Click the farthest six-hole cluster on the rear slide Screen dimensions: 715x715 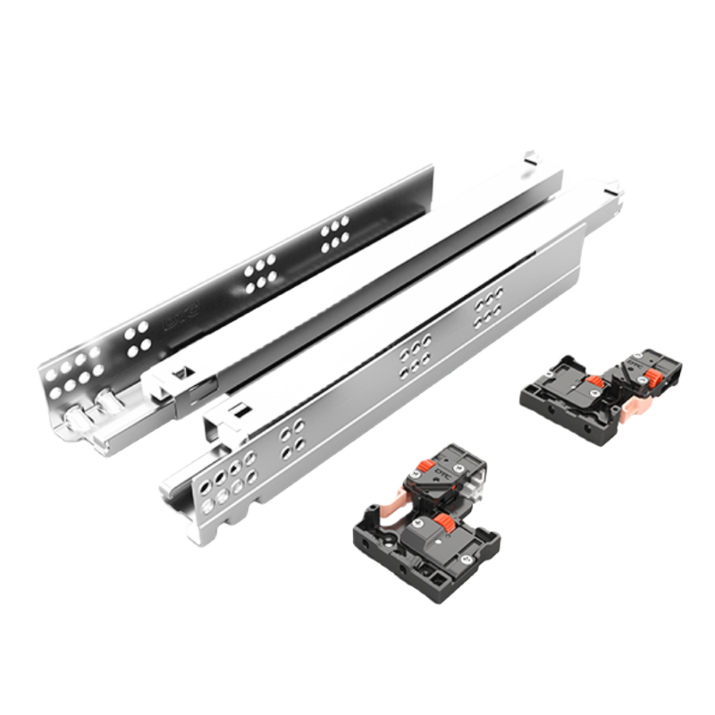click(x=335, y=233)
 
